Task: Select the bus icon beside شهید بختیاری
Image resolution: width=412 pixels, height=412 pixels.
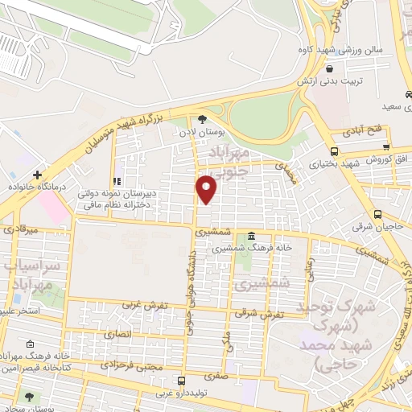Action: [334, 151]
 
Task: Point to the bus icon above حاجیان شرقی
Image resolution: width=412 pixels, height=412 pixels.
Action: [377, 214]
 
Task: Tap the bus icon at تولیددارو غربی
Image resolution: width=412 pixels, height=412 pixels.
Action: [182, 381]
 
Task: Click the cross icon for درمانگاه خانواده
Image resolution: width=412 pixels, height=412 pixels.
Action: [37, 175]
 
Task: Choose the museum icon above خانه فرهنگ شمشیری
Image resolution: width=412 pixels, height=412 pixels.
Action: [252, 237]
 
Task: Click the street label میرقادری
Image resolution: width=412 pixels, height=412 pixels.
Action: [20, 229]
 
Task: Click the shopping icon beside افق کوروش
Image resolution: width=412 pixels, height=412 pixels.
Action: [387, 147]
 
